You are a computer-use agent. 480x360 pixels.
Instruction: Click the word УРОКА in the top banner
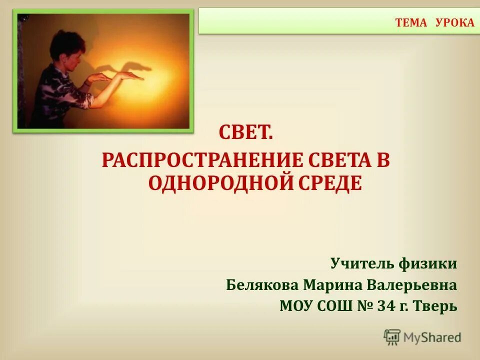[x=454, y=23]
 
